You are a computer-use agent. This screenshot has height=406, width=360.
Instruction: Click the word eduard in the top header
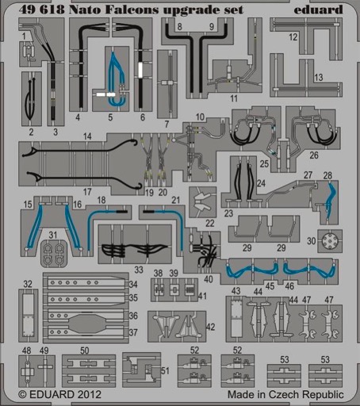click(x=318, y=10)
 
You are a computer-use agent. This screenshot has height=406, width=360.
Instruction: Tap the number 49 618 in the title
click(x=42, y=10)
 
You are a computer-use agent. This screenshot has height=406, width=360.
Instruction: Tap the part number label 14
click(x=87, y=136)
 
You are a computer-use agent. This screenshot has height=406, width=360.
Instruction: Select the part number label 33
click(x=139, y=270)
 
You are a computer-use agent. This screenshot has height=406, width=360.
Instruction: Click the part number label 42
click(x=210, y=327)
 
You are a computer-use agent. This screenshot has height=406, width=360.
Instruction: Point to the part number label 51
click(x=165, y=370)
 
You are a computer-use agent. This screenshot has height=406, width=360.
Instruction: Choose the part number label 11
click(x=234, y=98)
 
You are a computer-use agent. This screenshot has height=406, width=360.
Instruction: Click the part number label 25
click(x=264, y=163)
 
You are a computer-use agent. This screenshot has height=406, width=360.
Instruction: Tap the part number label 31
click(x=53, y=235)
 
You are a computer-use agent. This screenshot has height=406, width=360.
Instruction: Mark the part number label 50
click(x=85, y=350)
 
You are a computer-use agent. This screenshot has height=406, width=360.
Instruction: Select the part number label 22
click(x=210, y=223)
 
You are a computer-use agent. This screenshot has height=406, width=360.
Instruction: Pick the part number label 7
click(x=167, y=124)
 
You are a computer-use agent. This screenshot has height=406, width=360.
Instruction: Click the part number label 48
click(x=26, y=350)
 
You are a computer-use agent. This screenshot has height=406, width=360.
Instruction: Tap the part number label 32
click(x=28, y=284)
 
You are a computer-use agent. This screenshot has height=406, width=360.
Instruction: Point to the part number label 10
click(x=200, y=117)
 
